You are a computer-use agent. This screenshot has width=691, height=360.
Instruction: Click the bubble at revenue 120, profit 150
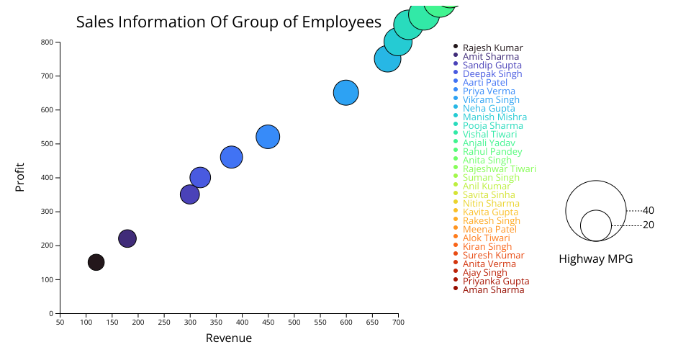[96, 262]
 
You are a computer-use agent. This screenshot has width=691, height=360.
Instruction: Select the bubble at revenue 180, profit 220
[127, 238]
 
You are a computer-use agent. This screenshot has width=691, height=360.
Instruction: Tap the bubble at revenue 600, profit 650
[346, 92]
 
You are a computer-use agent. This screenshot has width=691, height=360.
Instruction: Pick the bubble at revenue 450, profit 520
[268, 137]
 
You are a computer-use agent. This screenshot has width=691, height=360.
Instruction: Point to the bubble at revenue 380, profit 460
[231, 157]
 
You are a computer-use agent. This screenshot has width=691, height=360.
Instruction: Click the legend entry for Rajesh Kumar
[492, 48]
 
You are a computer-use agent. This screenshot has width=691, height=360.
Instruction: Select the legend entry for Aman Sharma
[493, 290]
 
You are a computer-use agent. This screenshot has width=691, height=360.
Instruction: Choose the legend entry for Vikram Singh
[491, 100]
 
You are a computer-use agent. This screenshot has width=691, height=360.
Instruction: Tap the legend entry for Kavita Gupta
[490, 212]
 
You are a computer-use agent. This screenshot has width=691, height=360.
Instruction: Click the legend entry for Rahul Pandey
[492, 152]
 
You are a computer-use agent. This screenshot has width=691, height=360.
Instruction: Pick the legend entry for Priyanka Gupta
[496, 282]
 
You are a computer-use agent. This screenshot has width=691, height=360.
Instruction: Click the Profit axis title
[20, 177]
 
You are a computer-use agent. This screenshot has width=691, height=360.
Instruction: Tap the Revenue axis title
[229, 338]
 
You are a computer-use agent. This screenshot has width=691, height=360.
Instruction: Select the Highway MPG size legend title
[595, 259]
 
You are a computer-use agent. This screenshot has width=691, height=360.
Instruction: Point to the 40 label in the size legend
[649, 211]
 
